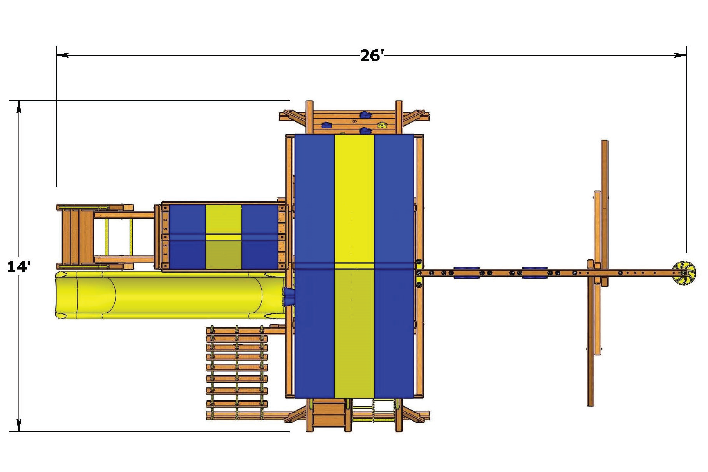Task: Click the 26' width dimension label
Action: click(x=371, y=55)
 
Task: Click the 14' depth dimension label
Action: click(x=19, y=266)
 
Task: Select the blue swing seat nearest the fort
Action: click(x=466, y=273)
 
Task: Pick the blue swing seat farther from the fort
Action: click(x=534, y=273)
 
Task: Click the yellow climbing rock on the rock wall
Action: click(x=382, y=125)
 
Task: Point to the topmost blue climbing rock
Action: click(x=365, y=115)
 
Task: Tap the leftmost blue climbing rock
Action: click(x=326, y=125)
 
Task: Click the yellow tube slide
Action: click(x=167, y=295)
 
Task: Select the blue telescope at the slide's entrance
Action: click(x=289, y=296)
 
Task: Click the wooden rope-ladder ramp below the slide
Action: click(x=237, y=373)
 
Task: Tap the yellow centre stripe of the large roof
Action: click(x=354, y=265)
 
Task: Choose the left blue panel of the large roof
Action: click(x=315, y=265)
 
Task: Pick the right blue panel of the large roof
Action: click(x=394, y=265)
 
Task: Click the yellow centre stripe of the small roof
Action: click(x=224, y=237)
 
